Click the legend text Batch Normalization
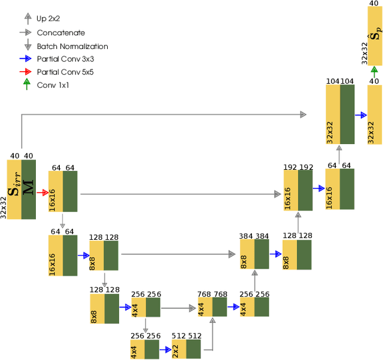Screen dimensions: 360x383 tap(72, 46)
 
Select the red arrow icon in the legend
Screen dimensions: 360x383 tap(25, 72)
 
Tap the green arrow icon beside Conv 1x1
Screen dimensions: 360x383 tap(25, 84)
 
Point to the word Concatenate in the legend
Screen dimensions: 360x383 tap(60, 33)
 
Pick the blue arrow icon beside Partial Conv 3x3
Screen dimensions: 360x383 tap(25, 59)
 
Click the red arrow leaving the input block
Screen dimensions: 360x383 tap(42, 193)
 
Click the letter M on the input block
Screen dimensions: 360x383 tap(28, 189)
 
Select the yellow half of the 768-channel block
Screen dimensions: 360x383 tap(205, 307)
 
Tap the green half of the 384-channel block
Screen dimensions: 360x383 tap(262, 254)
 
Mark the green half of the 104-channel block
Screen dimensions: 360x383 tap(347, 114)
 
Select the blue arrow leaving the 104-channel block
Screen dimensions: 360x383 tap(360, 114)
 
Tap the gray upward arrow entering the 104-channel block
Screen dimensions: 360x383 tap(339, 155)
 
